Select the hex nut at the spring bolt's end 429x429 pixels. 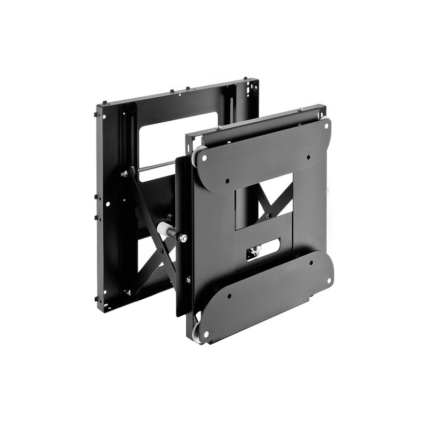(183, 238)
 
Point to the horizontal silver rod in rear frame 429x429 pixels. (156, 167)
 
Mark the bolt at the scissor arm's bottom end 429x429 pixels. (129, 292)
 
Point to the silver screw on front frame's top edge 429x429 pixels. (219, 128)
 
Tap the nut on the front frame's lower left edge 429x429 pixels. (188, 279)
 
